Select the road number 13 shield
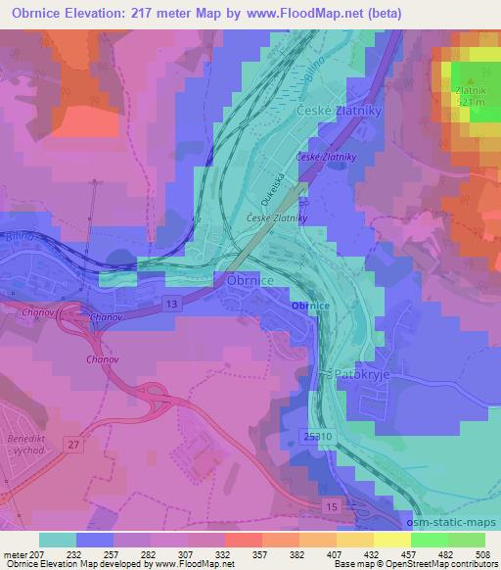tap(173, 305)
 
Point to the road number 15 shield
tap(334, 505)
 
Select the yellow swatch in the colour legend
tap(392, 540)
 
